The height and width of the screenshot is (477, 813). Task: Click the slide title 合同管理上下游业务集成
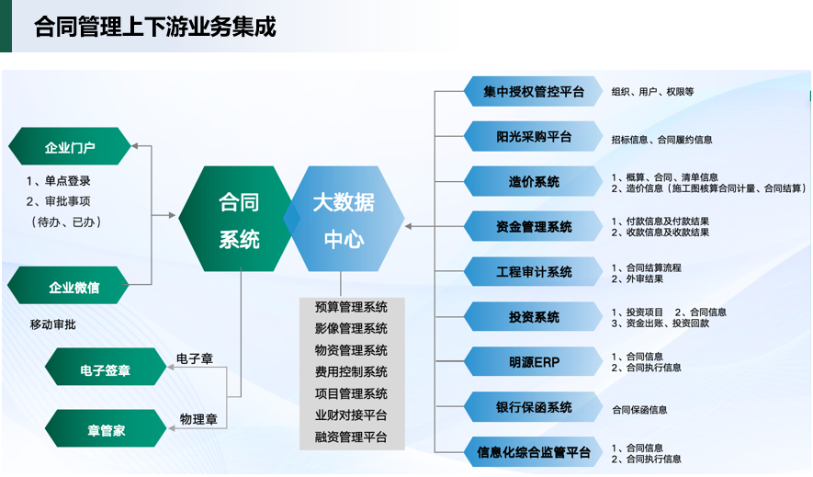click(x=155, y=27)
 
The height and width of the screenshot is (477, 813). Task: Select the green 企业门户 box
click(x=70, y=147)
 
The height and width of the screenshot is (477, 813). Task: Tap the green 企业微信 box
click(x=69, y=286)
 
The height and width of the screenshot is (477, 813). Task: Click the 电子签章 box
click(x=106, y=367)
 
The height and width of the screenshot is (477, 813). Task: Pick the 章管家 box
click(x=106, y=429)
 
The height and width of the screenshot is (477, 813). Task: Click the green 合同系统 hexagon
click(x=239, y=219)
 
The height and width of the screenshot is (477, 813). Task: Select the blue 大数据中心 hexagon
click(x=344, y=219)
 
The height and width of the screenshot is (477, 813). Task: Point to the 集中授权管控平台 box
click(x=533, y=92)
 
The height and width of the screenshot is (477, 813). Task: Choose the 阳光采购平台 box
click(x=533, y=137)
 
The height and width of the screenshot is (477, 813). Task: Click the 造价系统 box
click(x=533, y=182)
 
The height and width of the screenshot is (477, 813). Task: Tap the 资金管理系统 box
click(x=533, y=227)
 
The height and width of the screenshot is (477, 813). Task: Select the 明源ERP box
click(x=533, y=362)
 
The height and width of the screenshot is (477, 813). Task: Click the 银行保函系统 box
click(x=533, y=407)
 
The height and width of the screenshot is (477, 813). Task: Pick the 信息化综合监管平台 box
click(x=533, y=452)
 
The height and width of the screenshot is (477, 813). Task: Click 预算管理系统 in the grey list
click(x=351, y=307)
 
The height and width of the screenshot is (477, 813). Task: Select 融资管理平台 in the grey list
click(x=351, y=437)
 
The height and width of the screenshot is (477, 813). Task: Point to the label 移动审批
click(x=53, y=324)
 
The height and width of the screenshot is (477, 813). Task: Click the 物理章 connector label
click(x=198, y=419)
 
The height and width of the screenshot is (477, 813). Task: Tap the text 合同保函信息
click(x=639, y=410)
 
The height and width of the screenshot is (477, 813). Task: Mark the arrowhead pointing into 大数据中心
click(x=408, y=227)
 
